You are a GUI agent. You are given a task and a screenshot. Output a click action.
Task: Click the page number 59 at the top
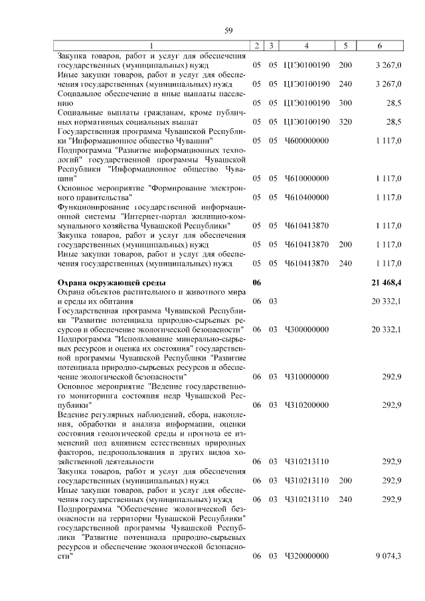pyautogui.click(x=228, y=31)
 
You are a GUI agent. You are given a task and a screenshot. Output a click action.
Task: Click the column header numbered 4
pyautogui.click(x=306, y=46)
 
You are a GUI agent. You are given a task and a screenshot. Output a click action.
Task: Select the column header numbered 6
pyautogui.click(x=379, y=46)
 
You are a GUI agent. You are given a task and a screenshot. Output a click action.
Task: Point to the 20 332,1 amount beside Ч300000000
pyautogui.click(x=386, y=329)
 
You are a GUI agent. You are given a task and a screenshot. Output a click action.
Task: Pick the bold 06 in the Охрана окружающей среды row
pyautogui.click(x=257, y=283)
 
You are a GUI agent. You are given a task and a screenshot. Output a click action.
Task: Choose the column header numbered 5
pyautogui.click(x=345, y=46)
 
